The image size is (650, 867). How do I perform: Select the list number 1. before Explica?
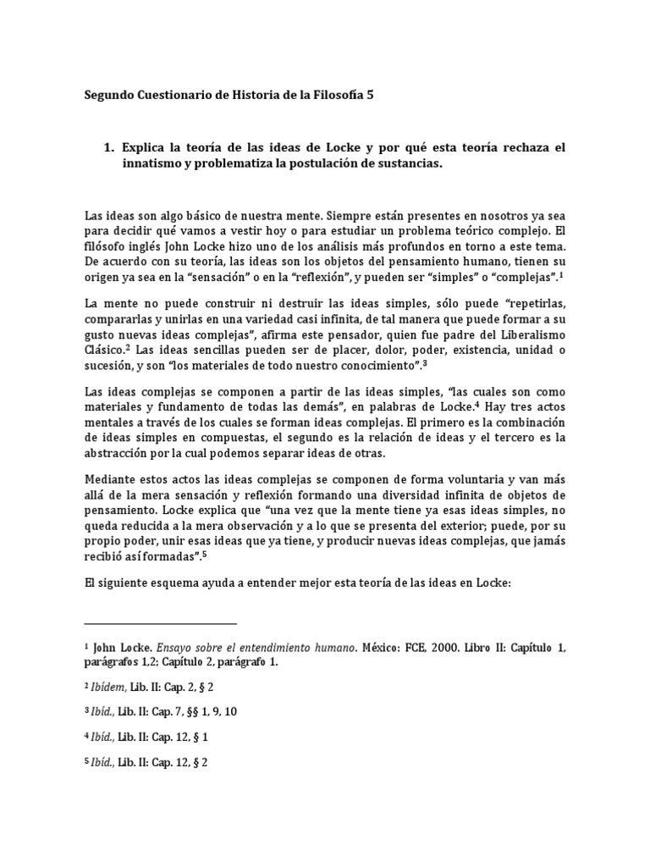[x=108, y=147]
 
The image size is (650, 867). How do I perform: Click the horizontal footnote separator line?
[x=161, y=623]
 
